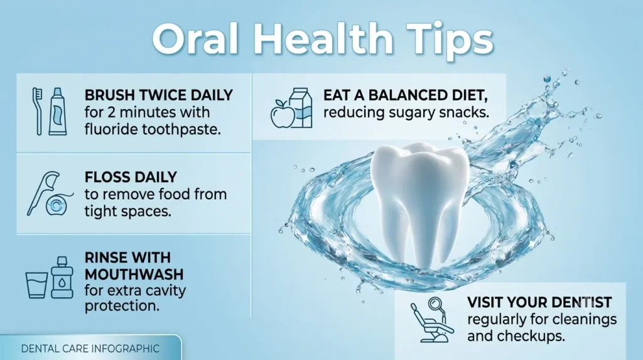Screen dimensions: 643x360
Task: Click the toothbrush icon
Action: pos(37,111)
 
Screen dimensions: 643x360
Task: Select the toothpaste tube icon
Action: pos(58,111)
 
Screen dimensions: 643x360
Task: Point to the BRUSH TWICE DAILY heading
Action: pos(159,95)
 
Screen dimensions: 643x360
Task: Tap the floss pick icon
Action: pos(43,193)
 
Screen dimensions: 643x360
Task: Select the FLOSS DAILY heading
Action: pos(131,177)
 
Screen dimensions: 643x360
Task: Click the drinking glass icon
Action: pos(36,285)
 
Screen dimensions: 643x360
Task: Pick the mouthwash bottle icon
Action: pos(62,278)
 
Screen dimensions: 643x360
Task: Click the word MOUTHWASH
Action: pos(134,274)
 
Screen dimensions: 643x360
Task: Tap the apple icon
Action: pos(283,113)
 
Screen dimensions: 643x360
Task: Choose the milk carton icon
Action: pos(301,108)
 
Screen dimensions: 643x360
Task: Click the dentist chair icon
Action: pos(432,320)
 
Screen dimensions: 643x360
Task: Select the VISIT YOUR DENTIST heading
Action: pos(539,303)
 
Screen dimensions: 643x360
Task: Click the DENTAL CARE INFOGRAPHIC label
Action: pos(90,349)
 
